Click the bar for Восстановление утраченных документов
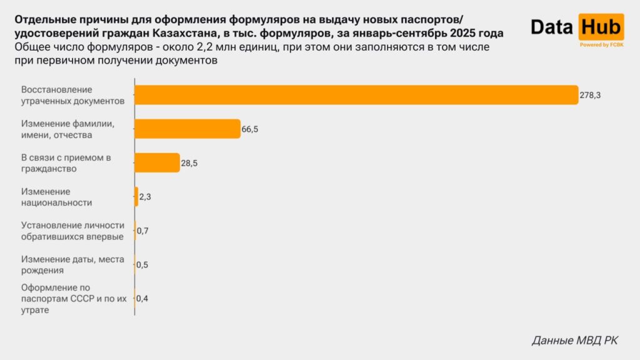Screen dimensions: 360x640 point(356,94)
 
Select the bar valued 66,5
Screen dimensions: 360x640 point(187,129)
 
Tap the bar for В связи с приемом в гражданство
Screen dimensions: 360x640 point(157,162)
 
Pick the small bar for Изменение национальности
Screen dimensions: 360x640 point(136,197)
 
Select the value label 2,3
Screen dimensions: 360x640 point(145,197)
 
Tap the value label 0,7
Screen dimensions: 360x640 point(142,231)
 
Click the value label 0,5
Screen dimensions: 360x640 point(142,265)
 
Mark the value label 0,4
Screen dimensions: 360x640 point(142,299)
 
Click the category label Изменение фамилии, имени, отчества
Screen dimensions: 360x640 point(67,129)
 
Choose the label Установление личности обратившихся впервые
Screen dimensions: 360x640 point(72,231)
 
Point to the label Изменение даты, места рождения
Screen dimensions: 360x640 point(72,265)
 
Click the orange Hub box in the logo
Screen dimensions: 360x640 point(601,27)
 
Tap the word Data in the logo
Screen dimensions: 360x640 point(552,27)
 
